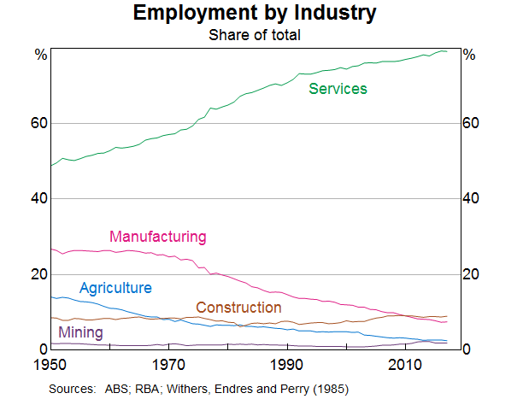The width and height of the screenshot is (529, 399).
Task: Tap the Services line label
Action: click(x=338, y=89)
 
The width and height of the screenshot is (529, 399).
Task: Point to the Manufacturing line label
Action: click(x=158, y=237)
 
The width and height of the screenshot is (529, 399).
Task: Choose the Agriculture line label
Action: click(x=115, y=288)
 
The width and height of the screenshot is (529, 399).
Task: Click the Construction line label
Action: click(x=238, y=308)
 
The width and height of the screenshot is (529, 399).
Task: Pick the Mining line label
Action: click(x=80, y=333)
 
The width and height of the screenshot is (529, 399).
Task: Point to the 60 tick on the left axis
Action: click(x=38, y=124)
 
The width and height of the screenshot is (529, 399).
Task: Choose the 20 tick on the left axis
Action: click(x=38, y=274)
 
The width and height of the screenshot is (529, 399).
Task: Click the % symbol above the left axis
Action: click(x=39, y=55)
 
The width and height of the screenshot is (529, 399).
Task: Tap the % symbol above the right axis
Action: click(x=468, y=55)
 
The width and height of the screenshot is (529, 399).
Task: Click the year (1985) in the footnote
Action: click(x=331, y=389)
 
